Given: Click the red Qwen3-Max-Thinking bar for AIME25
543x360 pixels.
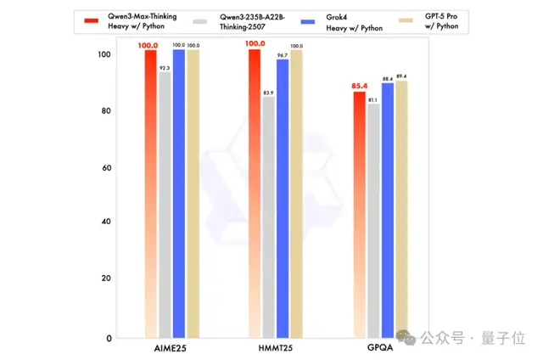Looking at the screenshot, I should point(150,195).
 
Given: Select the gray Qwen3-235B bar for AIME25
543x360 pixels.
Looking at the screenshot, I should point(165,204).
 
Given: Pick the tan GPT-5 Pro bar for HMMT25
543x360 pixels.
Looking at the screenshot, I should point(296,195).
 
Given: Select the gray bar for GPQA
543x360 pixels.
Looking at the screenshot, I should point(374,221).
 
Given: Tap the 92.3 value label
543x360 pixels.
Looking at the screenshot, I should point(165,67).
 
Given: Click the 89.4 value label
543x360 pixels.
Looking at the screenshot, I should point(401,76).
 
